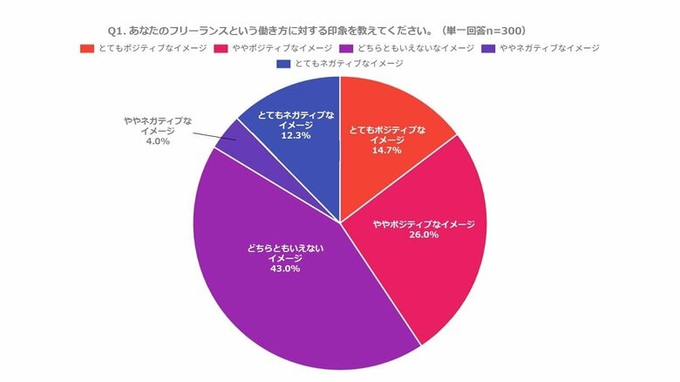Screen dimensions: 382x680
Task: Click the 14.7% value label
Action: tap(387, 151)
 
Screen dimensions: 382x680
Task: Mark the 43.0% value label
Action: tap(285, 269)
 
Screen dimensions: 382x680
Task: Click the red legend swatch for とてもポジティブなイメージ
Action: tap(85, 47)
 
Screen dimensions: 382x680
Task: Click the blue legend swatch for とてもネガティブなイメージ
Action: tap(282, 64)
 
